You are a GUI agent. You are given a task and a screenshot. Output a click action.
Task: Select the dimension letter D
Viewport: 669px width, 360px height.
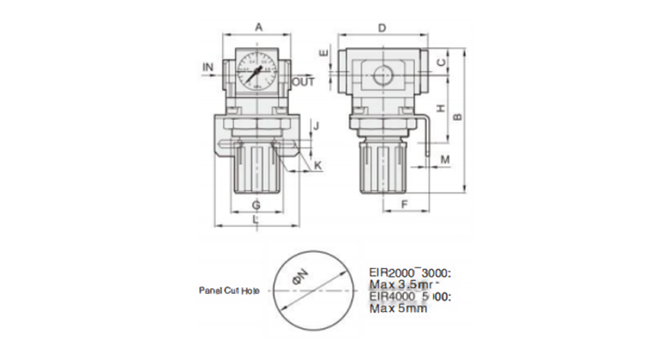click(x=383, y=26)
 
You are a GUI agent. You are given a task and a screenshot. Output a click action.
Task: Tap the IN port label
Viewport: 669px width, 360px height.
click(x=208, y=66)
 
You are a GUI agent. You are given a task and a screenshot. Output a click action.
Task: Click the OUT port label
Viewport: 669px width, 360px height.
click(x=304, y=81)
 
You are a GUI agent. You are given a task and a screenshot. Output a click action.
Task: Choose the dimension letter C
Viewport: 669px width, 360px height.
click(x=440, y=63)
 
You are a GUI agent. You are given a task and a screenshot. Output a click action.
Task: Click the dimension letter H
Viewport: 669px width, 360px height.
click(x=440, y=108)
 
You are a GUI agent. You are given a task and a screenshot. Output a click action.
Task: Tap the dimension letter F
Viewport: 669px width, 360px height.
click(x=403, y=204)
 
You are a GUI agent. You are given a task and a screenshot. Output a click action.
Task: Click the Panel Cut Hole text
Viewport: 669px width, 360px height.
click(x=228, y=291)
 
